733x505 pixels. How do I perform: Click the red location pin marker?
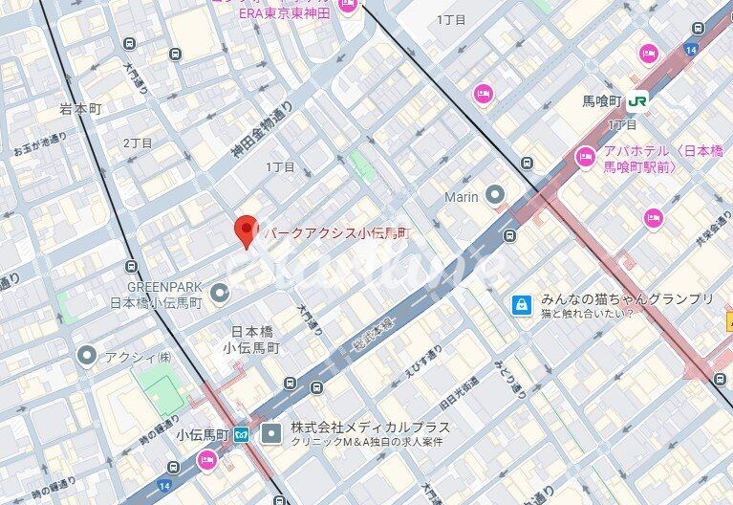[x=247, y=231]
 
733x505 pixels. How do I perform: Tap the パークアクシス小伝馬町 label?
[x=335, y=232]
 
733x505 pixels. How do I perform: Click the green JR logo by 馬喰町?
[x=637, y=99]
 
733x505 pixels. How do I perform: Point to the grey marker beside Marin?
[x=494, y=196]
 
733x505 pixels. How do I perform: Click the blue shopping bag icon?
[x=521, y=304]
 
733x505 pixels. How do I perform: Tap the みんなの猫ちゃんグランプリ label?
[x=627, y=298]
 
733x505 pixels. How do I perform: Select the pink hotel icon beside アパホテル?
[x=585, y=157]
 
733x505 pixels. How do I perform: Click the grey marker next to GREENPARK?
[x=220, y=292]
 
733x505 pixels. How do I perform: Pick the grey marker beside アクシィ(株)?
[x=87, y=357]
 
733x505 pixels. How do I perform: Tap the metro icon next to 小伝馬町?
[x=242, y=434]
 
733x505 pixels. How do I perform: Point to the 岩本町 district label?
[x=79, y=109]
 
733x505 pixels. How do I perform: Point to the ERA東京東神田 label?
[x=284, y=11]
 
